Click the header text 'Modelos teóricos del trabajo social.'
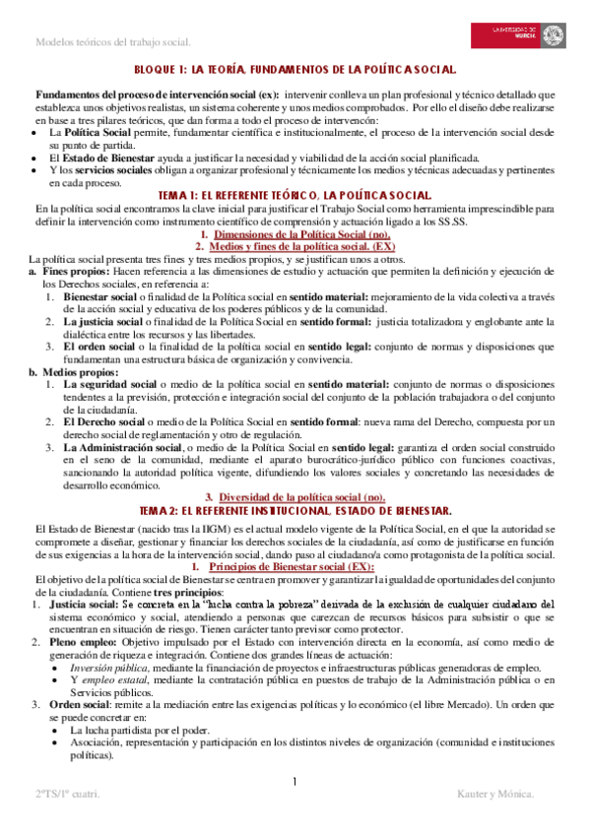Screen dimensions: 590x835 112,42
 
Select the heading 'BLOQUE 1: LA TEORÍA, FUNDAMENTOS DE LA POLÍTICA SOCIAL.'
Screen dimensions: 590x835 295,70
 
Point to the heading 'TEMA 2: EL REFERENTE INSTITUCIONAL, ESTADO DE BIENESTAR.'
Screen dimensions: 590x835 295,510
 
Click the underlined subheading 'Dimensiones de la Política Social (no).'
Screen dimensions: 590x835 295,235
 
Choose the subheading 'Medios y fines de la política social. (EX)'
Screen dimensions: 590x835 295,247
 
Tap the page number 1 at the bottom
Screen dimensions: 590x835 295,782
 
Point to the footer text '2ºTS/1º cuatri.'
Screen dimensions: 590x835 67,820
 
